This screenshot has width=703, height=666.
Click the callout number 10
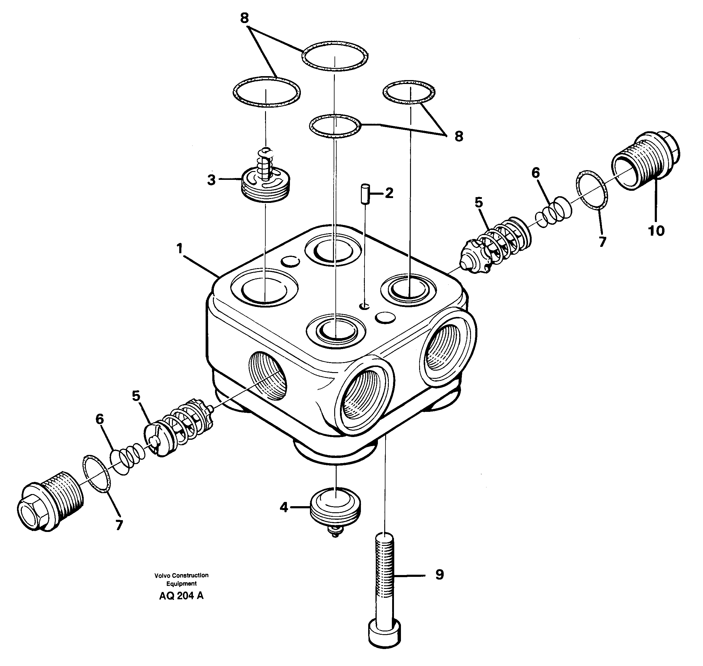[656, 231]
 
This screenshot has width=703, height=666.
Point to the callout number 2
[389, 193]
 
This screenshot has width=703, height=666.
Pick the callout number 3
[211, 180]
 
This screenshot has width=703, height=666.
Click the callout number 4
[284, 507]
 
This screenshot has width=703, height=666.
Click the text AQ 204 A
[181, 596]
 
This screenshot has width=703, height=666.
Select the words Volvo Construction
[181, 576]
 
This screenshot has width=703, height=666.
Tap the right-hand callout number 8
[459, 136]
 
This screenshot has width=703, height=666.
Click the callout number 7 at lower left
[119, 525]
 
